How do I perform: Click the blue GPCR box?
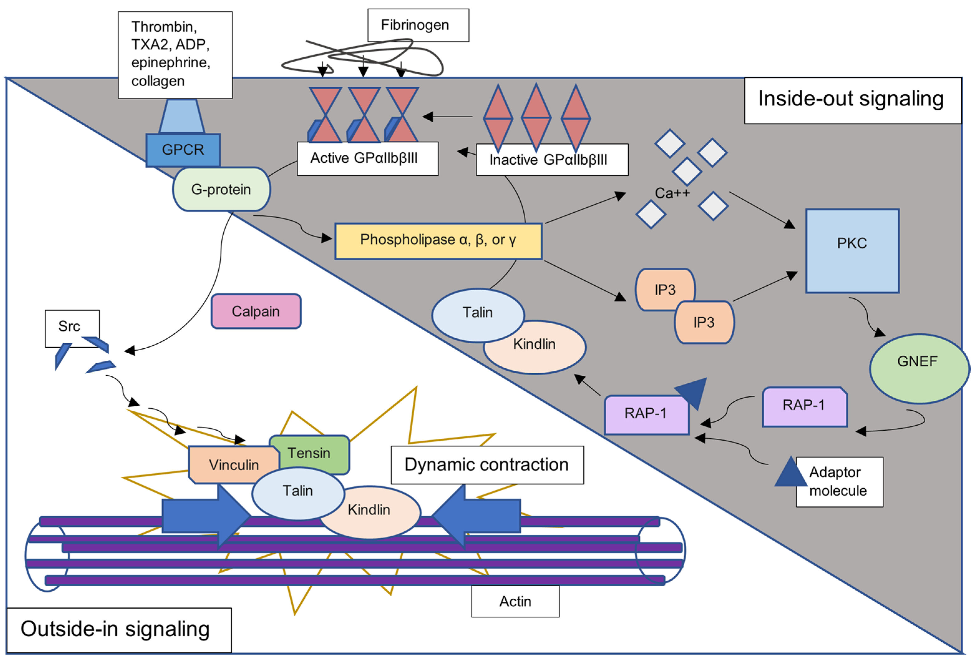coord(183,150)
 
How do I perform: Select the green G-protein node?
coord(221,189)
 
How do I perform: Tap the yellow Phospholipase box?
coord(438,240)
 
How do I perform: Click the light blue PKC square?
coord(852,251)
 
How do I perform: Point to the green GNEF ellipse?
coord(919,368)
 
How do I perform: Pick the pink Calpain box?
coord(256,311)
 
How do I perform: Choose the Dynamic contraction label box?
coord(487,465)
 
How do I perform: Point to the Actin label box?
coord(515,601)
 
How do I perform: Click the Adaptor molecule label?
coord(839,481)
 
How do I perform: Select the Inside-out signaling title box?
coord(852,100)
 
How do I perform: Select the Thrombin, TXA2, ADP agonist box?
coord(175,55)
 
